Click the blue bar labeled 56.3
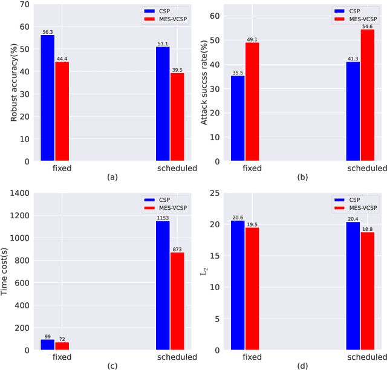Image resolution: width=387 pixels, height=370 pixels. (x=47, y=98)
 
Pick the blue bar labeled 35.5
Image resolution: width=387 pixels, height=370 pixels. (x=238, y=118)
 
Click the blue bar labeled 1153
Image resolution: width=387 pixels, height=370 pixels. (x=163, y=285)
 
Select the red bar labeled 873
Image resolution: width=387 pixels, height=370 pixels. (x=177, y=301)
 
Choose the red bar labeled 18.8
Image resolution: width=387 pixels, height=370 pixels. (x=367, y=291)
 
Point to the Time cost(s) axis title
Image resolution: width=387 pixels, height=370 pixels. (x=5, y=271)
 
